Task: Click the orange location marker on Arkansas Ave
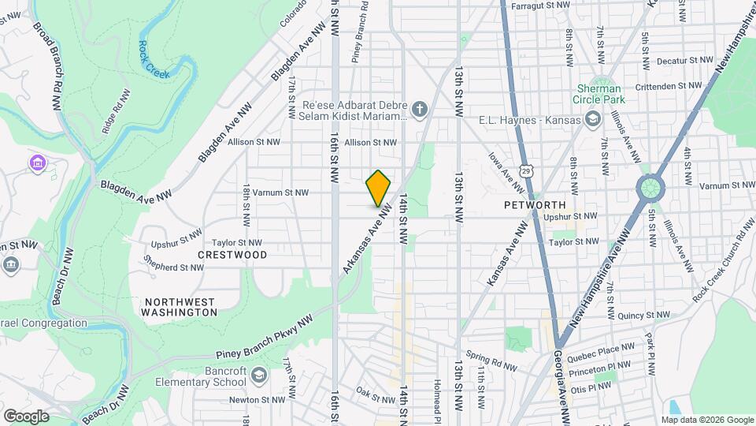(x=378, y=188)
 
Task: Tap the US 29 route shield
(x=535, y=170)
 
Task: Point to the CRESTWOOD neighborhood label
(x=232, y=255)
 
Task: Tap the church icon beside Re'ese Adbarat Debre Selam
(x=421, y=109)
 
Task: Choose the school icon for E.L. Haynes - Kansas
(x=592, y=120)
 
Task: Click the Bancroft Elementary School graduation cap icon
(x=259, y=376)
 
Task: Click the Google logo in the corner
(x=26, y=417)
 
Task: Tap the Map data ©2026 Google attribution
(x=706, y=420)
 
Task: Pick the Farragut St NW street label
(x=540, y=5)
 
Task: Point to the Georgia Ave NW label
(x=561, y=394)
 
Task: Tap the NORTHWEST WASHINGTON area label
(x=180, y=307)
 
